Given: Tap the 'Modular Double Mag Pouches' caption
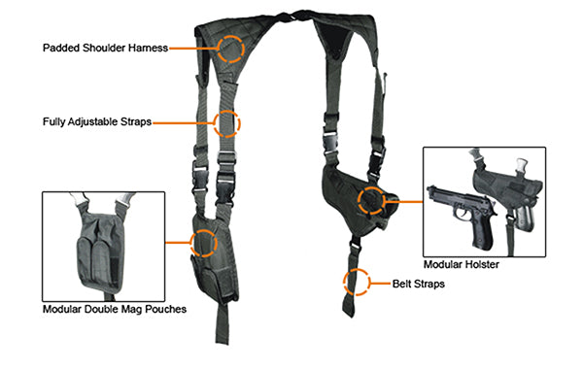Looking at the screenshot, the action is pos(115,310).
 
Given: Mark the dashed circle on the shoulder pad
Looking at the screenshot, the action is pos(230,47).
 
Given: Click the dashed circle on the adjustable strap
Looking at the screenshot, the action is pos(225,123).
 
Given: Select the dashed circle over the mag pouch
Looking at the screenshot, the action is pos(204,242).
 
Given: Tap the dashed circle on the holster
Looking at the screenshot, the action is pos(370,201).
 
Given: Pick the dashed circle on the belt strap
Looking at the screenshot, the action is pos(356,282).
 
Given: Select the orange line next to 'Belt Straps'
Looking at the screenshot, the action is pos(379,283).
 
